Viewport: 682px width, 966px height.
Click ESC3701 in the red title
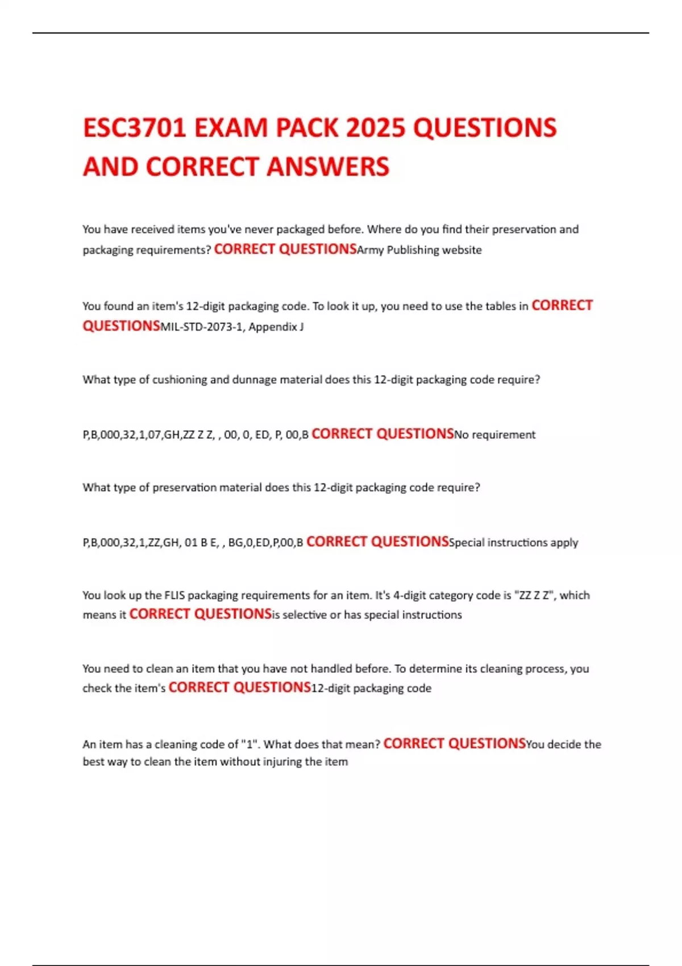134,128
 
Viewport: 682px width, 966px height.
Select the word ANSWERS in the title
328,167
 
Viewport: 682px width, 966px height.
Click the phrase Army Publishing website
419,250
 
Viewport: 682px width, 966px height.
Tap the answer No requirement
494,435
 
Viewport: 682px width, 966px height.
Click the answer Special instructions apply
513,543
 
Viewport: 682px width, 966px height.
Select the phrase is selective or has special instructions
367,615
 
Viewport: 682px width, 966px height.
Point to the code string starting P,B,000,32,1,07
196,435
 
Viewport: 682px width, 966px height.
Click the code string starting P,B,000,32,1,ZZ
193,543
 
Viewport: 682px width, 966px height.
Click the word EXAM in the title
231,128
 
